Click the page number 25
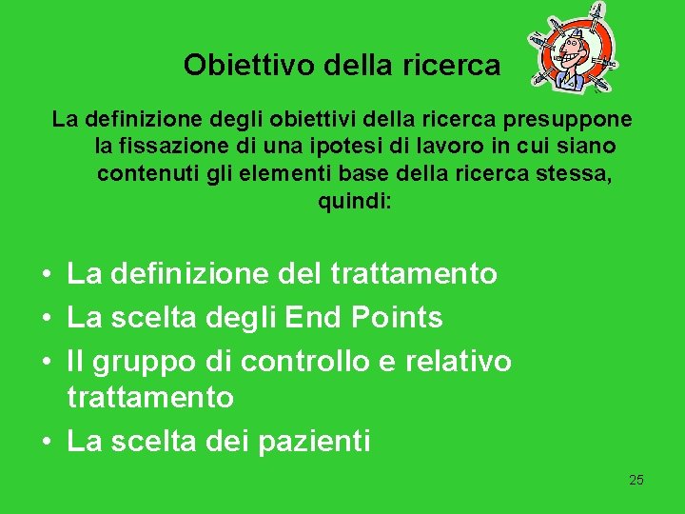(x=636, y=480)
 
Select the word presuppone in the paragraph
(x=577, y=121)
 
